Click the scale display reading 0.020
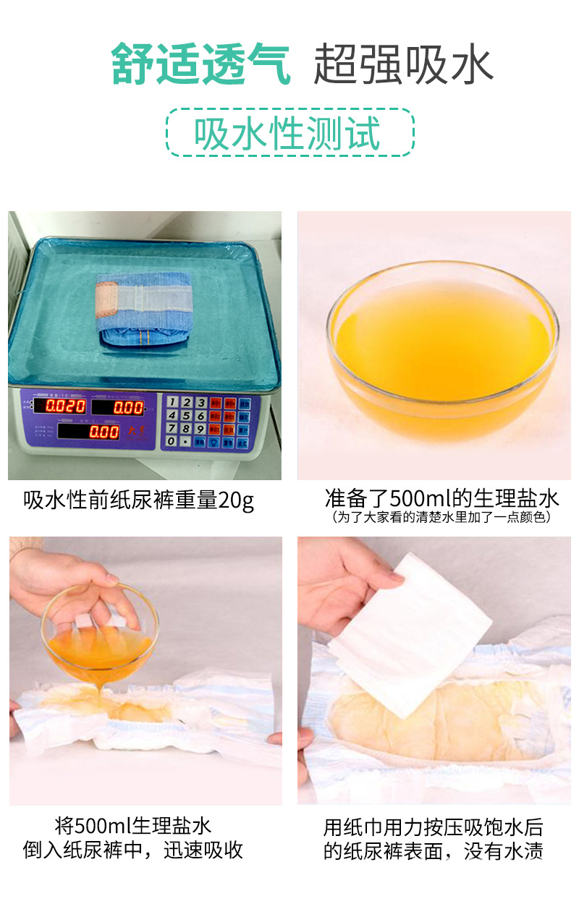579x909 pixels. click(x=67, y=406)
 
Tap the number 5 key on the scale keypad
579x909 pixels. click(x=186, y=416)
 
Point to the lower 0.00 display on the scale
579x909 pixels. click(x=103, y=432)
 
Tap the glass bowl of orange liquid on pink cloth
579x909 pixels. click(x=441, y=350)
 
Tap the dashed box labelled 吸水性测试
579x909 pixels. click(x=289, y=133)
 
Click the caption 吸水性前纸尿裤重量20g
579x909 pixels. click(x=139, y=500)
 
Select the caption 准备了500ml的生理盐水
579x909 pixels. click(x=441, y=498)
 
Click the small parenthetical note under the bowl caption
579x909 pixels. click(x=441, y=517)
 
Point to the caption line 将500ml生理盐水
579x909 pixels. click(x=133, y=825)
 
